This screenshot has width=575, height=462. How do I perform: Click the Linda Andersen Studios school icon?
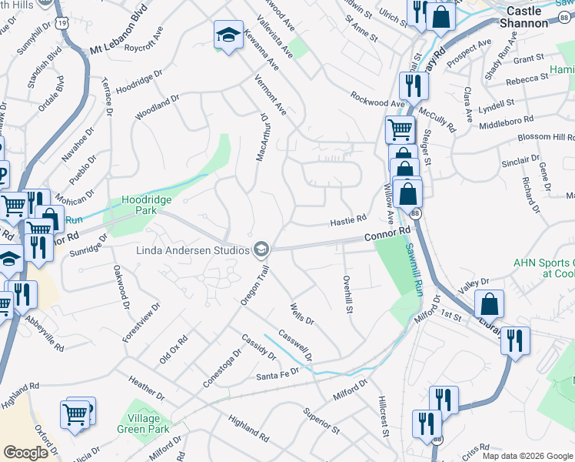tap(261, 249)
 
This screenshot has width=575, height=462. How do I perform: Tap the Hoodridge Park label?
tap(147, 204)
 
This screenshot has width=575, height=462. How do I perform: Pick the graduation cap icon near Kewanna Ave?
tap(228, 35)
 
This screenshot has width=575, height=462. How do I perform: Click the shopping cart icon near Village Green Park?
tap(75, 414)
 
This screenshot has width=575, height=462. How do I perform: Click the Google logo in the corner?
tap(25, 453)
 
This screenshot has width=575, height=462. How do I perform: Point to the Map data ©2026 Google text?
tap(527, 456)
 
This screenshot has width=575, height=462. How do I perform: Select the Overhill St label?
tap(347, 295)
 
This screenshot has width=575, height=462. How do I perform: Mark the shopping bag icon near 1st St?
tap(489, 305)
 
